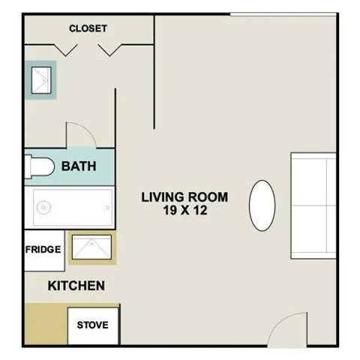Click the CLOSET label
88,28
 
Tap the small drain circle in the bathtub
43,208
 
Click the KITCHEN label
76,286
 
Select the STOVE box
93,325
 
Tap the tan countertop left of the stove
45,324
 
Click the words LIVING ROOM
185,197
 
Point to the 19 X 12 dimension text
185,211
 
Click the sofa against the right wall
313,205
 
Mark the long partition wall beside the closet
154,71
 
